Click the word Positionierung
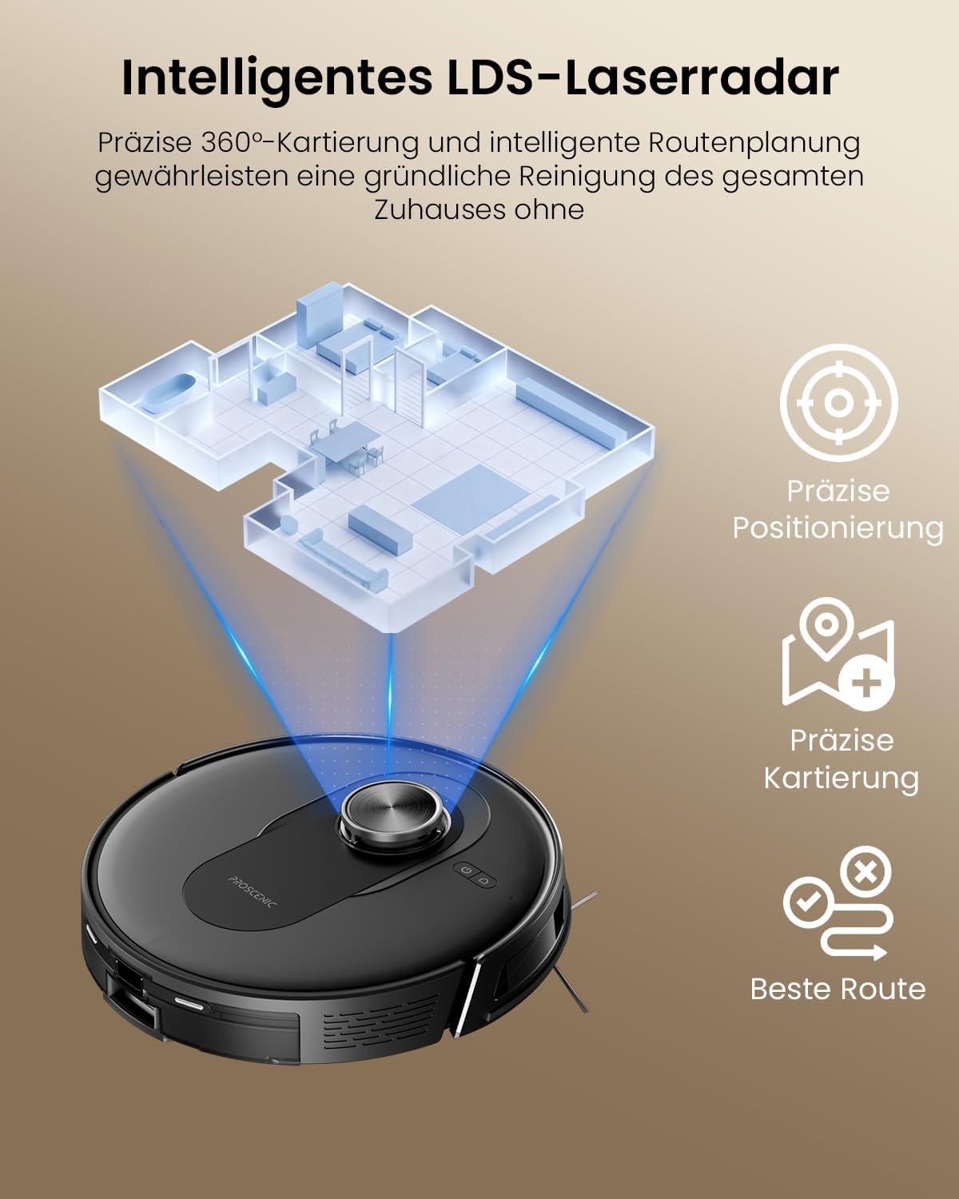pyautogui.click(x=838, y=528)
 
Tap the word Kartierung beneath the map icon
pyautogui.click(x=841, y=779)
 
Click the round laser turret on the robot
pyautogui.click(x=396, y=815)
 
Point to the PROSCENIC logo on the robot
pyautogui.click(x=252, y=893)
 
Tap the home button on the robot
pyautogui.click(x=483, y=882)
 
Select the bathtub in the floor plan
pyautogui.click(x=169, y=393)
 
